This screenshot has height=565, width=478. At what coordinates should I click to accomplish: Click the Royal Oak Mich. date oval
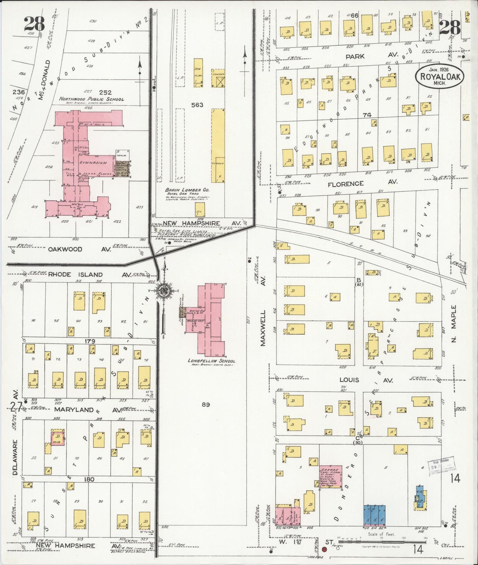click(x=440, y=76)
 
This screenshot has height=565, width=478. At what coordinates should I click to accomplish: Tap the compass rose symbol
click(x=163, y=291)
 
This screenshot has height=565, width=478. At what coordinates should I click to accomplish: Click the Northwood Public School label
click(x=92, y=99)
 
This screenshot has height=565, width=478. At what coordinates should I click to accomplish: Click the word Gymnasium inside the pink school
click(x=93, y=163)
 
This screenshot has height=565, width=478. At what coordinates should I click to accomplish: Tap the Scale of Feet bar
click(x=382, y=541)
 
